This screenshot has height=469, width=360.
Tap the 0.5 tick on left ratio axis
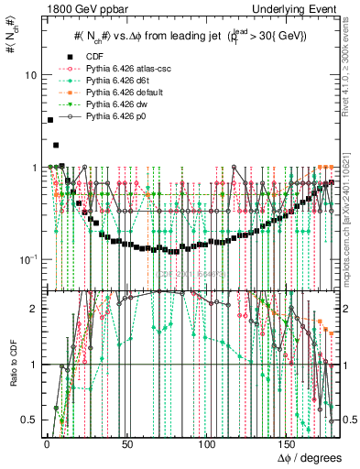pos(29,420)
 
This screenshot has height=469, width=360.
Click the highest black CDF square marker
pos(49,120)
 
